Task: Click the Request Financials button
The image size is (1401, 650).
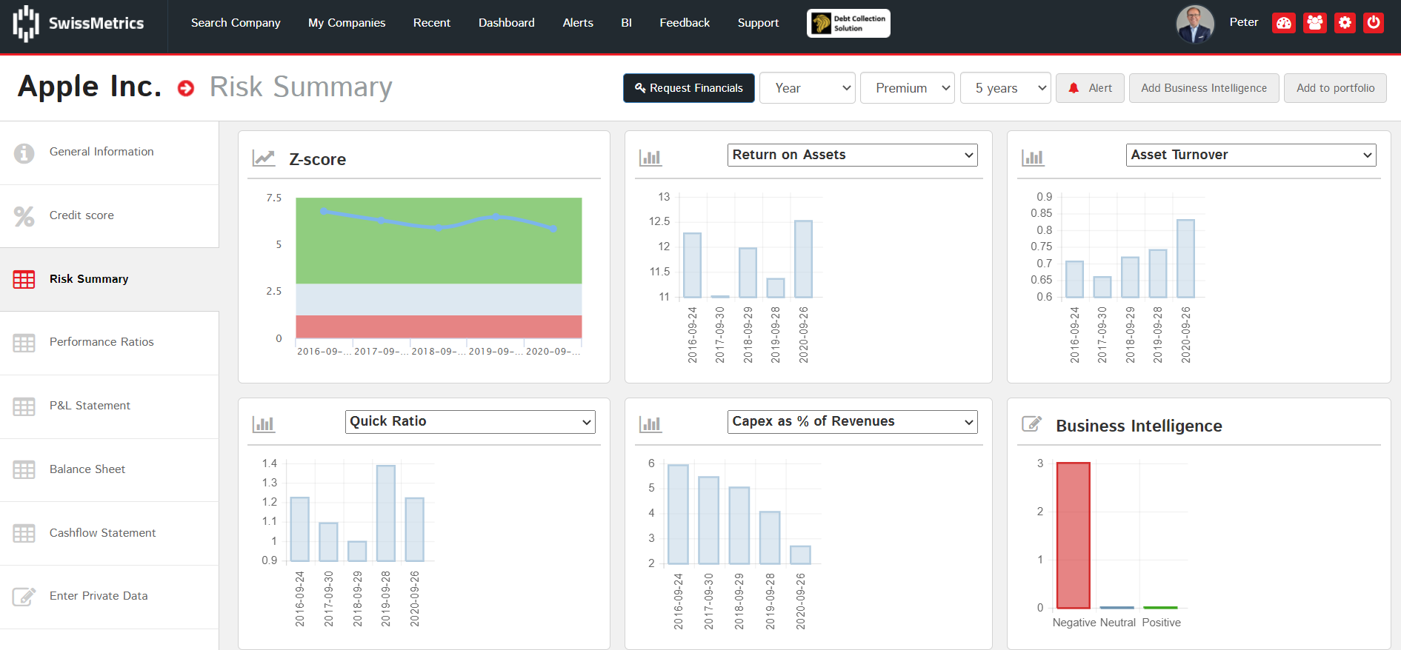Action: (x=688, y=88)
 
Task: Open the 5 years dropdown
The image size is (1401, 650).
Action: (x=1005, y=88)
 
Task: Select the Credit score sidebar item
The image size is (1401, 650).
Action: (x=81, y=215)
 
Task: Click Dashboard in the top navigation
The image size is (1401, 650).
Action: (x=506, y=23)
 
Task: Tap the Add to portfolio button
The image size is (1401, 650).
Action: (x=1335, y=88)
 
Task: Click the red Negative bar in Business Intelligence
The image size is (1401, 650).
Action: (x=1073, y=535)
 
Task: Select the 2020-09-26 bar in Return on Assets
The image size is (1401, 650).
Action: (x=803, y=259)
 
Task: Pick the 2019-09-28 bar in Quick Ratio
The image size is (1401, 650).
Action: (x=386, y=513)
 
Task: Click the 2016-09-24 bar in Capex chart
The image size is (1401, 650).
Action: (x=678, y=515)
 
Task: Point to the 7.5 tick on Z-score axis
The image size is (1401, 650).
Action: (x=274, y=198)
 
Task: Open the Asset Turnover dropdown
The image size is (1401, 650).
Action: (x=1251, y=155)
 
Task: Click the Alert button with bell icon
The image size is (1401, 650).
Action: (x=1090, y=88)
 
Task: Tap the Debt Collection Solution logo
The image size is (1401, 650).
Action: (x=848, y=23)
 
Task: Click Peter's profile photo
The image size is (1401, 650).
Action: (x=1194, y=24)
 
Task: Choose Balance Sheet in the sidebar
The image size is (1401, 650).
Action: (x=87, y=469)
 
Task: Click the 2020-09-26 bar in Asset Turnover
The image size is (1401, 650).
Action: (x=1185, y=258)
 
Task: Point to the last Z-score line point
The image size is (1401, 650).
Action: (x=553, y=229)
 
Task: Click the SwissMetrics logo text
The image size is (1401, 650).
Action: (x=96, y=23)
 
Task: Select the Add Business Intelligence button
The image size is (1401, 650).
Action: (x=1203, y=88)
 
